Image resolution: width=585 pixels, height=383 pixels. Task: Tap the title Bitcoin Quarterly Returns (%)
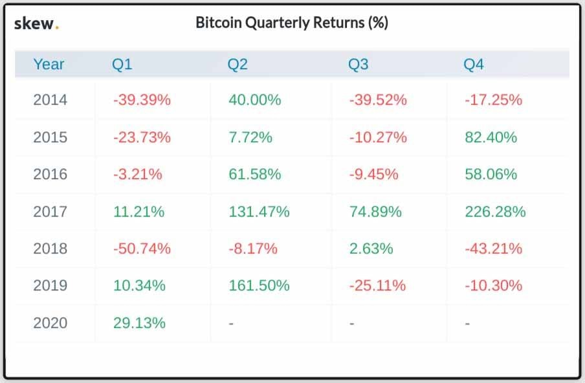pyautogui.click(x=291, y=23)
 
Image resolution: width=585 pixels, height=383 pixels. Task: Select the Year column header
pyautogui.click(x=49, y=64)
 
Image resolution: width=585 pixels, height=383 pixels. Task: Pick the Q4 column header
pyautogui.click(x=473, y=64)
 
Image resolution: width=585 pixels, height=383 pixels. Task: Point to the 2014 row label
pyautogui.click(x=50, y=100)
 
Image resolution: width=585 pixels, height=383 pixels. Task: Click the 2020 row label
pyautogui.click(x=50, y=323)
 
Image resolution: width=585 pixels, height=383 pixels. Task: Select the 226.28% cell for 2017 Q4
pyautogui.click(x=495, y=212)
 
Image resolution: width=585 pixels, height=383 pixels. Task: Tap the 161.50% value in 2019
pyautogui.click(x=258, y=285)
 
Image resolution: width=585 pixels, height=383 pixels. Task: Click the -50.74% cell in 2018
pyautogui.click(x=141, y=248)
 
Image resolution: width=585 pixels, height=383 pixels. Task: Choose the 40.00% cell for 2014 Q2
pyautogui.click(x=254, y=100)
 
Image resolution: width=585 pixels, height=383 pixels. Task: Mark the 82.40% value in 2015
pyautogui.click(x=491, y=137)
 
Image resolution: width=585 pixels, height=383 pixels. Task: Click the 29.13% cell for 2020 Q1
pyautogui.click(x=138, y=323)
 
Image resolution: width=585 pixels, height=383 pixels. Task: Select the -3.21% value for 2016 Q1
pyautogui.click(x=137, y=174)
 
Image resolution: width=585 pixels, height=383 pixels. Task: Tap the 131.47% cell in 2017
pyautogui.click(x=258, y=212)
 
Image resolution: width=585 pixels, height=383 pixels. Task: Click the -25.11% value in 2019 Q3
pyautogui.click(x=377, y=285)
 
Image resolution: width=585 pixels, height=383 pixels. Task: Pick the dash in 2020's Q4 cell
pyautogui.click(x=467, y=323)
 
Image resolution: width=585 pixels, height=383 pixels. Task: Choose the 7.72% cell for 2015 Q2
pyautogui.click(x=250, y=137)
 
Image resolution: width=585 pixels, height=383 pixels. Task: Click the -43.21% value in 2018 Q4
pyautogui.click(x=492, y=248)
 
